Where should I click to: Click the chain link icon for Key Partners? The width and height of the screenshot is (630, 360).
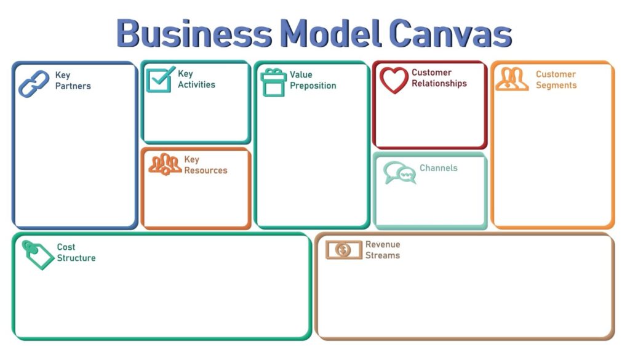(34, 84)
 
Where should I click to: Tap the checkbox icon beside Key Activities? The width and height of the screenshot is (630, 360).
(161, 79)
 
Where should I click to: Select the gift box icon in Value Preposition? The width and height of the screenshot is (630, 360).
(273, 82)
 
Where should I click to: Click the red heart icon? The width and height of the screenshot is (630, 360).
(394, 81)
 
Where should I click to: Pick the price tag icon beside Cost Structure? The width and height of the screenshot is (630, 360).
(38, 255)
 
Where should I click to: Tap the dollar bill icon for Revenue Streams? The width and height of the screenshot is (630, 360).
(343, 250)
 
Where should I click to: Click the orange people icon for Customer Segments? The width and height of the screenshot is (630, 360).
(512, 79)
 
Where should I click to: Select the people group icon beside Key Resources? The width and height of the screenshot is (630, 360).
(165, 164)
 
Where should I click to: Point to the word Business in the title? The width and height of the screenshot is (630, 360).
(194, 34)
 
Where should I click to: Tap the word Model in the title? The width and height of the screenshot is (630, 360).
(330, 34)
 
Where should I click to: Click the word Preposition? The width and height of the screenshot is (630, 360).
(313, 86)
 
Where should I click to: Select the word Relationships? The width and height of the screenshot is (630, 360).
(439, 84)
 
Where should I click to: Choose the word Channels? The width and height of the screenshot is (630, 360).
(438, 168)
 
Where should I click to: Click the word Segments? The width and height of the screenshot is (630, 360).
(556, 85)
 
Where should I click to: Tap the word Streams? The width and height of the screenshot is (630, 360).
(383, 255)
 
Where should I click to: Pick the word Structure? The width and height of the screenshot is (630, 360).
(76, 258)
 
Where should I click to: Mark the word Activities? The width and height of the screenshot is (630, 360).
(196, 84)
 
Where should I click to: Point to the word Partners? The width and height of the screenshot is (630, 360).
(73, 86)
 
